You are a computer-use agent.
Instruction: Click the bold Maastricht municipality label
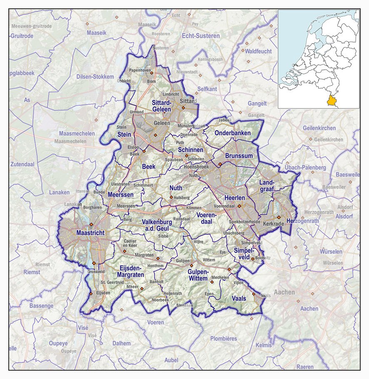click(x=90, y=233)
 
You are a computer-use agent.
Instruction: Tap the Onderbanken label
click(x=232, y=133)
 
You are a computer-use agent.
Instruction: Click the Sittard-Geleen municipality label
click(x=162, y=106)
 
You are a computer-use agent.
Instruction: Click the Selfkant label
click(x=207, y=89)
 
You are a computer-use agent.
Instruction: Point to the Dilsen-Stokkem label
click(x=95, y=77)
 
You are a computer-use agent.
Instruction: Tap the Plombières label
click(x=223, y=338)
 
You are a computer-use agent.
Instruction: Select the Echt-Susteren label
click(x=201, y=36)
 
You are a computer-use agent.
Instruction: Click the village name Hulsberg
click(x=182, y=198)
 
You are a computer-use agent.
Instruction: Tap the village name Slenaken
click(x=184, y=305)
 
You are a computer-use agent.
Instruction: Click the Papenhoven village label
click(x=140, y=70)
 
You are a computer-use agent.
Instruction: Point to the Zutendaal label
click(x=22, y=164)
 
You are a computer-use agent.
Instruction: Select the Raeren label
click(x=305, y=367)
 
